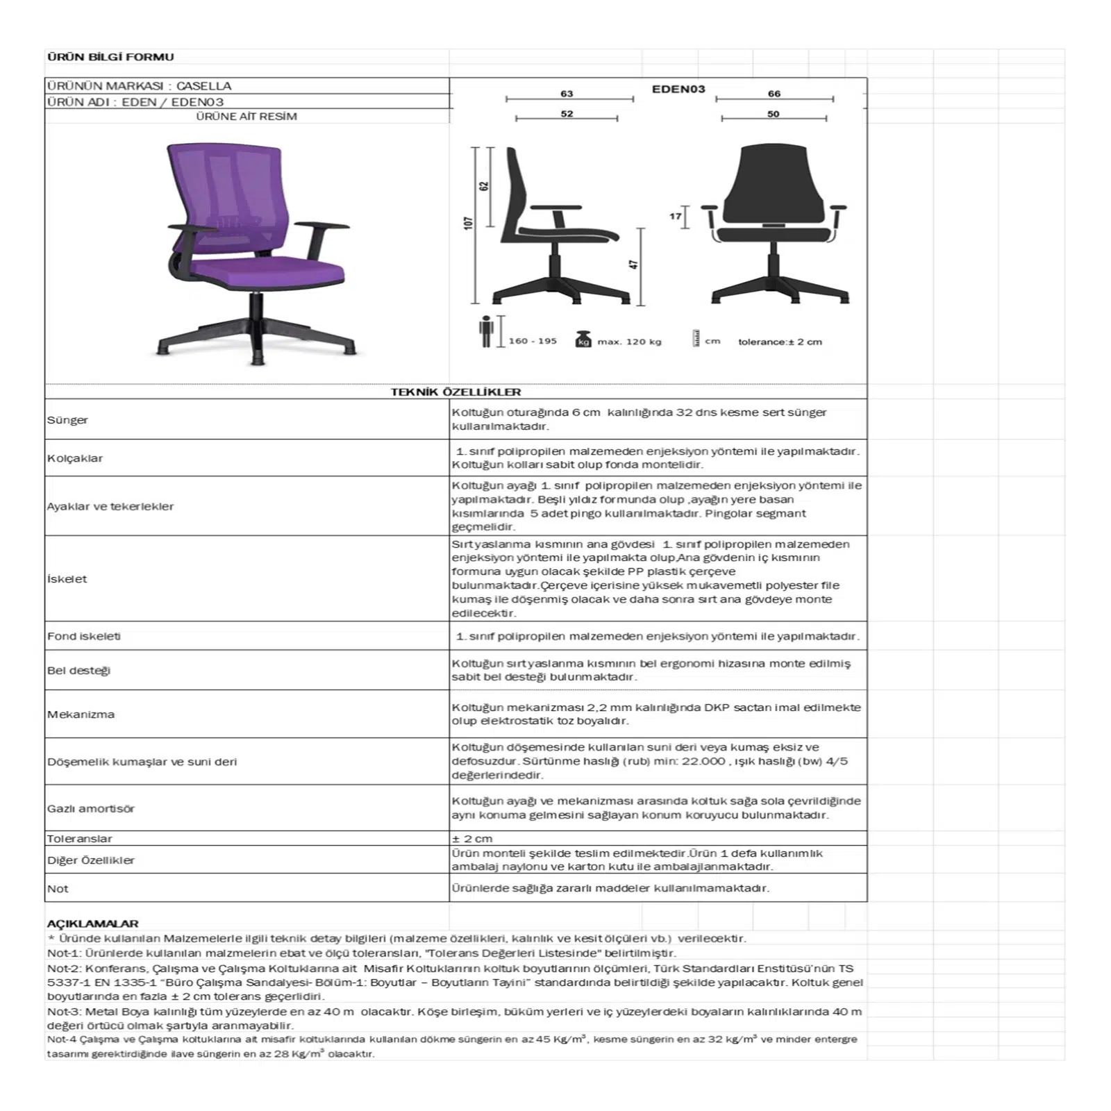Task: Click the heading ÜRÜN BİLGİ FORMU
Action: pos(110,57)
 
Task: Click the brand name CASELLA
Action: pos(203,86)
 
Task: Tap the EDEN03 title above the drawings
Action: pos(678,89)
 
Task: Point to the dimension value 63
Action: pos(567,94)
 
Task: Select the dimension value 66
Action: pos(774,94)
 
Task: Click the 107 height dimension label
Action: pos(469,223)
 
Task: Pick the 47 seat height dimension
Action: pos(633,265)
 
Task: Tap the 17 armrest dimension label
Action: pos(675,217)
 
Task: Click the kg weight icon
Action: pos(583,340)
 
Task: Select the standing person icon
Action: pos(486,331)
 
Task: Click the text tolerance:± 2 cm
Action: pos(780,342)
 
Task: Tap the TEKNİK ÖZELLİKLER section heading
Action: pos(456,392)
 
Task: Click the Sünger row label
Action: pos(67,420)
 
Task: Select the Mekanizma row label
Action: pos(81,715)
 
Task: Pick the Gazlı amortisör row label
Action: pos(91,809)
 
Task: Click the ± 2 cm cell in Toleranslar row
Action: pos(472,839)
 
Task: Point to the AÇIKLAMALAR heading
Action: pos(92,924)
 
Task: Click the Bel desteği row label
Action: pos(78,671)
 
